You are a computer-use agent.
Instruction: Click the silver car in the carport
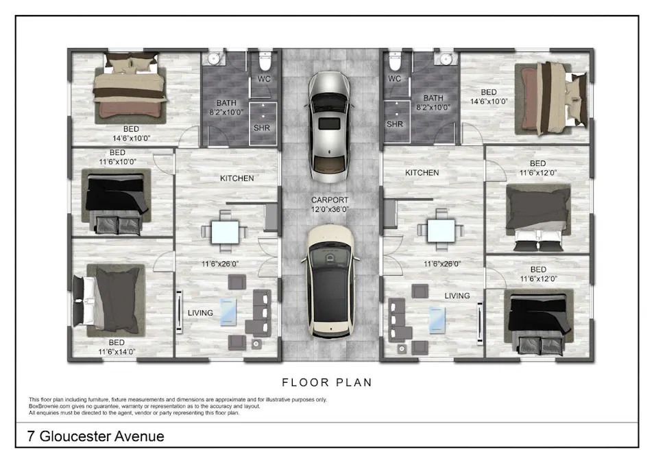tap(329, 127)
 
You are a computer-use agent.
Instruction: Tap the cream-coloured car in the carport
tap(330, 281)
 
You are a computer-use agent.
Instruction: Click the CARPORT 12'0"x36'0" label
tap(330, 204)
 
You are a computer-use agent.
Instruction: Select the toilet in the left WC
tap(265, 61)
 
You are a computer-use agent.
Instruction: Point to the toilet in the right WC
tap(395, 61)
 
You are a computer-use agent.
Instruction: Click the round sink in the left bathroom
tap(214, 59)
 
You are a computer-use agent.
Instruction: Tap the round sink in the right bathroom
tap(446, 59)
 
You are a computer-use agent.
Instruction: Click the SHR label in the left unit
tap(262, 128)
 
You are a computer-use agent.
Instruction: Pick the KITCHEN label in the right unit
tap(422, 172)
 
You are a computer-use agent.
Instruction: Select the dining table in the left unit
tap(226, 232)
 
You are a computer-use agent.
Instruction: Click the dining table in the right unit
tap(441, 230)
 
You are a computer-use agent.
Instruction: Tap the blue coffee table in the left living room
tap(228, 311)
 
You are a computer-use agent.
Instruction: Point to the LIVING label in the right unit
tap(457, 296)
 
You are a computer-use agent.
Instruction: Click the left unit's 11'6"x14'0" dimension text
tap(117, 351)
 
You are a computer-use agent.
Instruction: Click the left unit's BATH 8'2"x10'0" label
tap(226, 107)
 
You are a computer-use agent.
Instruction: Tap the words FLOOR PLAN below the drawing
tap(327, 383)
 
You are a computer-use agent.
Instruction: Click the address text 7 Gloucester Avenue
tap(95, 436)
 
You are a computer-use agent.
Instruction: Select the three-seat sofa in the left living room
tap(261, 313)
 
